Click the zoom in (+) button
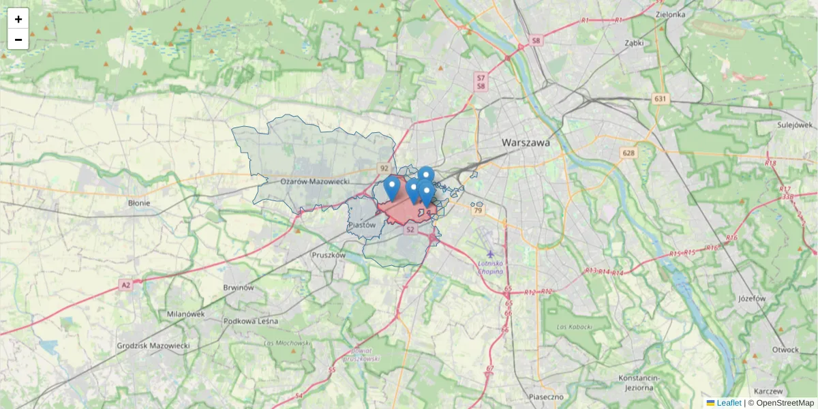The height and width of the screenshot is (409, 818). pos(18,19)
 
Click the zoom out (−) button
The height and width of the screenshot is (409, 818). pos(18,40)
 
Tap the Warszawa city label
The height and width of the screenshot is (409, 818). pos(525,143)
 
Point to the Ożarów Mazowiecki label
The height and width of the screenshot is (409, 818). pos(314,181)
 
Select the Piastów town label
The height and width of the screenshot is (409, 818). pos(361,224)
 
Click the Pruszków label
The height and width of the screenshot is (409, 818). pos(328,255)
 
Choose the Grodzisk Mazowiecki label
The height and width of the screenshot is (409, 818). pos(153,346)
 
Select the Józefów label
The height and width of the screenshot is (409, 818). pos(753,299)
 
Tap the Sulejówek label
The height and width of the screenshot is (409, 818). pos(795,125)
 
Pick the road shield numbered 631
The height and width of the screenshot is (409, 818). pos(659,100)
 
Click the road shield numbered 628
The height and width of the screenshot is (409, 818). pos(628,153)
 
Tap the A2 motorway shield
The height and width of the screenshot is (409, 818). pos(125,285)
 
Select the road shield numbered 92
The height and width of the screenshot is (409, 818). pos(384,168)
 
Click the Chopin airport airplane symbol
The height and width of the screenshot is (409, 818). pos(489,254)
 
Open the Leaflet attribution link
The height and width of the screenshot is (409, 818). pos(728,403)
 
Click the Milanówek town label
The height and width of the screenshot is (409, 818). pos(185,314)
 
